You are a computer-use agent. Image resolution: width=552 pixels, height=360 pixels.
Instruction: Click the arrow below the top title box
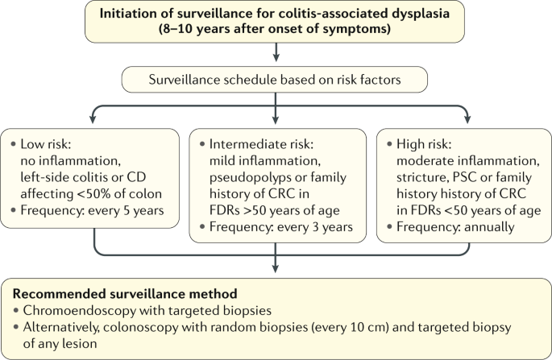[276, 52]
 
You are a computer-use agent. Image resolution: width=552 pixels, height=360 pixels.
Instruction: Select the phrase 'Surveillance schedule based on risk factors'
[275, 80]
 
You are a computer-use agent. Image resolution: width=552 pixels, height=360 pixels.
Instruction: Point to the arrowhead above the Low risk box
[93, 119]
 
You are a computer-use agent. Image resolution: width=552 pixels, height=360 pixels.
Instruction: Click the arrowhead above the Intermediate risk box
[276, 119]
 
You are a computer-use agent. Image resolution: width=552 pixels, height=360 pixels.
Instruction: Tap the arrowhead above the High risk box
[467, 119]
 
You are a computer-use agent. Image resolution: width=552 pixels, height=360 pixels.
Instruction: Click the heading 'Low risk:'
[46, 144]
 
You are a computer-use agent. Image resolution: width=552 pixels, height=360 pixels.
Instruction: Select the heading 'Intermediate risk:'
[261, 144]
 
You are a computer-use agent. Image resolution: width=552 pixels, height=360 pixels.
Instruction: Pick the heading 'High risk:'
[424, 144]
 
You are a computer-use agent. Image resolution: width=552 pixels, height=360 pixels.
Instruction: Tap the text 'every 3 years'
[315, 227]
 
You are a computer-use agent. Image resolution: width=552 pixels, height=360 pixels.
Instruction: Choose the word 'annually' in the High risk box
[489, 227]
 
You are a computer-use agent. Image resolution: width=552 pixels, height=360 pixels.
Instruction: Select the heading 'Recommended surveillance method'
[125, 294]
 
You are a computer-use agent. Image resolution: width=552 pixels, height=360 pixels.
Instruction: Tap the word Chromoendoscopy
[80, 311]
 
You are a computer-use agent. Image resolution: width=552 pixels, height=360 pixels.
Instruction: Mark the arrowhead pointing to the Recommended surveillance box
[276, 268]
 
